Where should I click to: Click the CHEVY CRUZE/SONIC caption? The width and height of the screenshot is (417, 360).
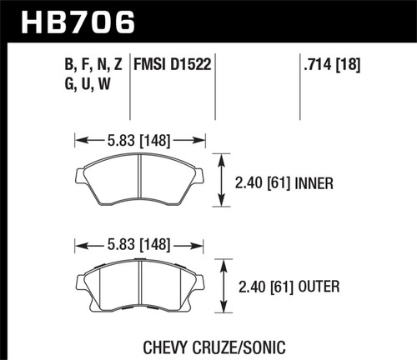click(208, 342)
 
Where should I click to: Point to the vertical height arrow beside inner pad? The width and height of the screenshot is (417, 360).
click(222, 178)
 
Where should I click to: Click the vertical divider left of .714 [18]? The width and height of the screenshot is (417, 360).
click(299, 83)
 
